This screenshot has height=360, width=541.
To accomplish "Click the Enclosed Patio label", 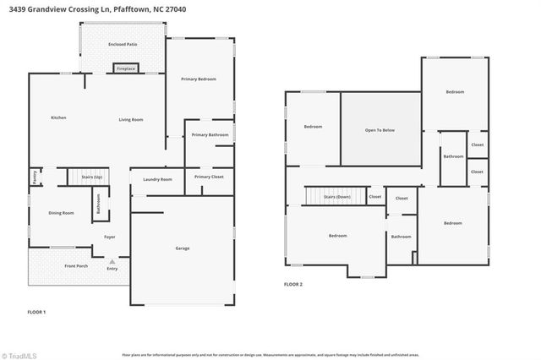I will [x=123, y=44].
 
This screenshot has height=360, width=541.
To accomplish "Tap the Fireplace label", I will [x=126, y=68].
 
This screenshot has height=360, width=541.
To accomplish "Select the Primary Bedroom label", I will [x=199, y=79].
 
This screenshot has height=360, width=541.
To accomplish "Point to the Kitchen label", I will [x=58, y=117].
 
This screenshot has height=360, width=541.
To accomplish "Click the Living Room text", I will [x=130, y=120].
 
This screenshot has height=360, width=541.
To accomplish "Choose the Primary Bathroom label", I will [x=210, y=135].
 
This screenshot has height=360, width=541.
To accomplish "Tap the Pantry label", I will [x=35, y=177].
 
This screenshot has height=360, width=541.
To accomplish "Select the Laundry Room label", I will [x=157, y=179].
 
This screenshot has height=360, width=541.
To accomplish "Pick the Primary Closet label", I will [x=208, y=177].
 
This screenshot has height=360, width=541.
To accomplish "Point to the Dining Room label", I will [x=61, y=213].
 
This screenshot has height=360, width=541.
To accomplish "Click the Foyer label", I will [x=110, y=237].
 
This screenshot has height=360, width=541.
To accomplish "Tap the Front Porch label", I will [x=76, y=266].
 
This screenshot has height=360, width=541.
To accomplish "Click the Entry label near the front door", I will [x=112, y=269].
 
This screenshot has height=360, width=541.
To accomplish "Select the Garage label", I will [x=183, y=248].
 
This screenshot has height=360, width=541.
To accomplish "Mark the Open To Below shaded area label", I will [x=380, y=130].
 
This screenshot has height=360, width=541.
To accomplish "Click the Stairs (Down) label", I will [x=337, y=197].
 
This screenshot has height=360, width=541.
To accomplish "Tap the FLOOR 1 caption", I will [x=36, y=312].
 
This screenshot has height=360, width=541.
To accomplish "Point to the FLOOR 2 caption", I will [x=293, y=284].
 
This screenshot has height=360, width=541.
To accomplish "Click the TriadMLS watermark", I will [x=19, y=354].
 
